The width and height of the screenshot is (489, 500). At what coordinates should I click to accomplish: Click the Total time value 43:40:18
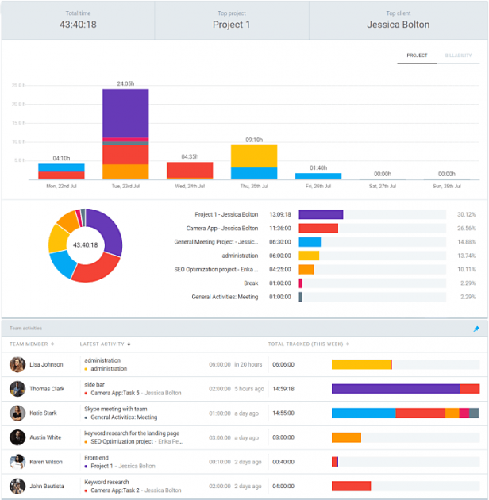(78, 25)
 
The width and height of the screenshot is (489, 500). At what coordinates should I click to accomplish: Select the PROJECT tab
(417, 56)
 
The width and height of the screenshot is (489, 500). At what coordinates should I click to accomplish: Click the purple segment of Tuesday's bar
(125, 112)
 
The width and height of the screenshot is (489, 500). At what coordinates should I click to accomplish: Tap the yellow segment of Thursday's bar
(253, 156)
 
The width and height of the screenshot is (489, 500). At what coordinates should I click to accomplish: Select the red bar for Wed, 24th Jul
(190, 170)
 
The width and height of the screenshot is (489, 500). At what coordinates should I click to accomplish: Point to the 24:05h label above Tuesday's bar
(125, 83)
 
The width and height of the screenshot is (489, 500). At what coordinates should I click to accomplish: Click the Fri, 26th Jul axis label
(318, 186)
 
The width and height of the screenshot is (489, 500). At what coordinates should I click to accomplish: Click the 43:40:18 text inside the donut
(85, 245)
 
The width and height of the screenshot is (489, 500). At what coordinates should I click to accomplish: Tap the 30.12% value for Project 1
(466, 214)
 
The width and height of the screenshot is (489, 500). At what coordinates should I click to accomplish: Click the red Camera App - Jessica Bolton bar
(318, 228)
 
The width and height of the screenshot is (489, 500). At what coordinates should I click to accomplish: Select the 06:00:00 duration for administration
(280, 256)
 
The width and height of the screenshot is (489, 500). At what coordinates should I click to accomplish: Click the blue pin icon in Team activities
(476, 329)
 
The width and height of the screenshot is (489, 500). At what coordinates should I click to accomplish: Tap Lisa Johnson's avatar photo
(17, 364)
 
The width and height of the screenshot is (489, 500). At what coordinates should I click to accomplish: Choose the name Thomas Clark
(47, 389)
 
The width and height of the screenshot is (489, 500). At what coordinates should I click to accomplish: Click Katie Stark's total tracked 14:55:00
(283, 413)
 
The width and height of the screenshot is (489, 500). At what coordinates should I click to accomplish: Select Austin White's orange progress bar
(346, 437)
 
